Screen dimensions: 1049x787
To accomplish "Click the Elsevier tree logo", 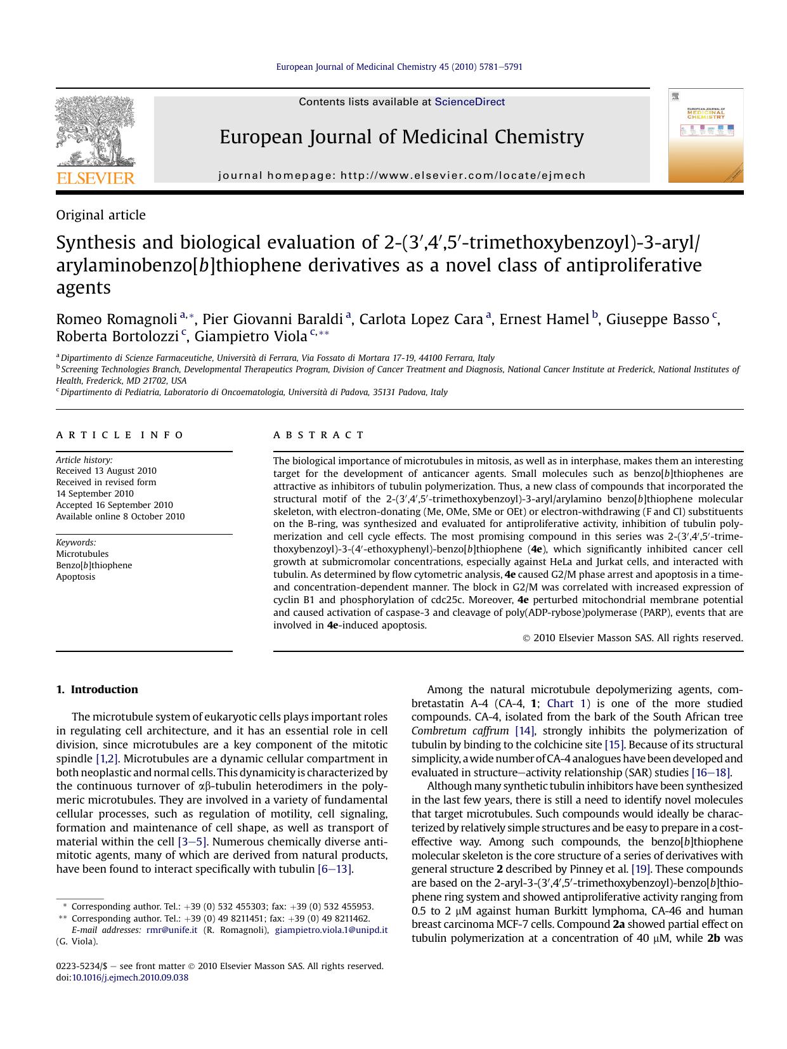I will point(96,133).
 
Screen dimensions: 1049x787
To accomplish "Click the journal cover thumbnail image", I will point(705,136).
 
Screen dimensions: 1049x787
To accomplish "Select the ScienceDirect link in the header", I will point(469,102).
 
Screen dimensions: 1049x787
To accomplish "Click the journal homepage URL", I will point(463,176).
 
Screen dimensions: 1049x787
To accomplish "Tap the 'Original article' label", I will point(101,216).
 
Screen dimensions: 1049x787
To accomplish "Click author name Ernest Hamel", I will point(543,319).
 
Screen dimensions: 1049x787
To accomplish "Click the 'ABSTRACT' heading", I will point(319,435).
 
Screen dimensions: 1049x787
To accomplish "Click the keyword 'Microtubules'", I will point(82,554).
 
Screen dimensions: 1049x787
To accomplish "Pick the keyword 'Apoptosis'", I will point(75,577).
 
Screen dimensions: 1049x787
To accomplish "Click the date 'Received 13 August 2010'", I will point(106,471).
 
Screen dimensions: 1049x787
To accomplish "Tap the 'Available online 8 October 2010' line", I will point(120,516).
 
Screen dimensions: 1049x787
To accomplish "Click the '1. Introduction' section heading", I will point(97,689).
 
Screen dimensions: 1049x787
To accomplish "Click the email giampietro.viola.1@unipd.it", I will point(331,930).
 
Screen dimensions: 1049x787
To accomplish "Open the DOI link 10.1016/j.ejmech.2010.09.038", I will point(130,977).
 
